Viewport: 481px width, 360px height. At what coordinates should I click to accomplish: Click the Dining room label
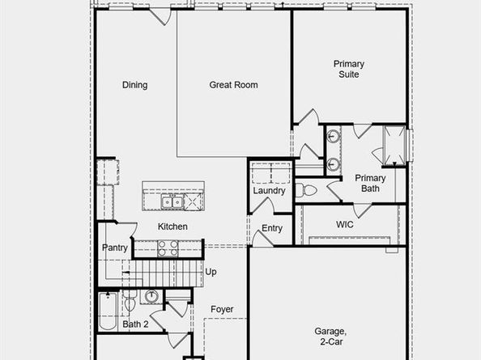[x=134, y=85]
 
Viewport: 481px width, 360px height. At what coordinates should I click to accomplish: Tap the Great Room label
[x=234, y=85]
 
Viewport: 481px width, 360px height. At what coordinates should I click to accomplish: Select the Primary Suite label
[x=349, y=69]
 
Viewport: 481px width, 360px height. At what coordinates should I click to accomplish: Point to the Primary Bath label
[x=370, y=183]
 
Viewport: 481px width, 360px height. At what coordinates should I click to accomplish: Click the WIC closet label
[x=347, y=223]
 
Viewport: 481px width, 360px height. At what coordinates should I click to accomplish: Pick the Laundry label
[x=269, y=191]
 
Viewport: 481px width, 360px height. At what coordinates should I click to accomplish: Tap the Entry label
[x=272, y=228]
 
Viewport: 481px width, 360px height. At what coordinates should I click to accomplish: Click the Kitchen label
[x=172, y=227]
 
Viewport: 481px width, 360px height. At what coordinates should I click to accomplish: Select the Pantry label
[x=114, y=248]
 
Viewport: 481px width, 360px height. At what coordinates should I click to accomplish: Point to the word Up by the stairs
[x=211, y=272]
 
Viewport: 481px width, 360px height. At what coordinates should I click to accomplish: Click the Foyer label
[x=222, y=309]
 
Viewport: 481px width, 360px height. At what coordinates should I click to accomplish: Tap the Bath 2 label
[x=134, y=324]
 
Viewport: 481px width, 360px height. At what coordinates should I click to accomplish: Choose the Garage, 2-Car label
[x=331, y=337]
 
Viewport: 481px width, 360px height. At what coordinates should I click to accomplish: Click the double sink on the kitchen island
[x=171, y=201]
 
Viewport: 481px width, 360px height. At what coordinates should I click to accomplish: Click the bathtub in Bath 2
[x=108, y=312]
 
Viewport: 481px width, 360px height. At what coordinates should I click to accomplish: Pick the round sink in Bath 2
[x=152, y=297]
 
